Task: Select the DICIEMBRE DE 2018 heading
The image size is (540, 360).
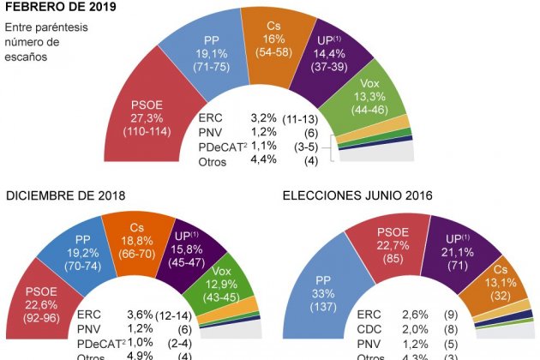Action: point(66,195)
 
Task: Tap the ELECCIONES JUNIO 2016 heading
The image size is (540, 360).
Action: point(357,195)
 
